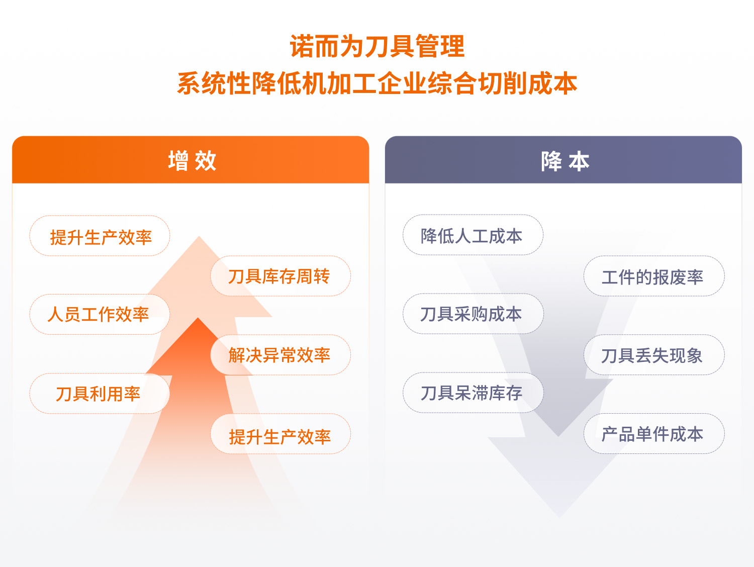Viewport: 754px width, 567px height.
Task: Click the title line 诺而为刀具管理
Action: point(377,46)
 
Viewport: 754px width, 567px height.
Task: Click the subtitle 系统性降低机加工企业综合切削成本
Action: point(377,83)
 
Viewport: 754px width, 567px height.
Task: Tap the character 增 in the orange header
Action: point(178,160)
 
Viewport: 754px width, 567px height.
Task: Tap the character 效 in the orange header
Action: point(206,160)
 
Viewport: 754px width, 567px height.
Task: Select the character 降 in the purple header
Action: point(551,161)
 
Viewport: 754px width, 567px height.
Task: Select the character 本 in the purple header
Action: point(579,161)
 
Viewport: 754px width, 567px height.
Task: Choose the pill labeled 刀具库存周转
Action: point(280,276)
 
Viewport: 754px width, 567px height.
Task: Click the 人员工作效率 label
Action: point(98,314)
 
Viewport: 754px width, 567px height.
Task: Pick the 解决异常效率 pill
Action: point(280,355)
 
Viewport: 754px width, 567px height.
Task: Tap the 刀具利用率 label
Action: point(98,394)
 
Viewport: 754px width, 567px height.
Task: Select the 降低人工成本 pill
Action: point(473,235)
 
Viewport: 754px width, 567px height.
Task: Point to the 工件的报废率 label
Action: point(652,277)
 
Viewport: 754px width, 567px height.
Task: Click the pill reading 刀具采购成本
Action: point(473,314)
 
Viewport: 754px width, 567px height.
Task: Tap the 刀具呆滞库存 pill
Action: point(473,393)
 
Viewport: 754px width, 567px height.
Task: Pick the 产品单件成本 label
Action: point(652,434)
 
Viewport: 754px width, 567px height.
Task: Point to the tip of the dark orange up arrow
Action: point(198,318)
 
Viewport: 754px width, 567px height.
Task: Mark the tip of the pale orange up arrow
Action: point(199,236)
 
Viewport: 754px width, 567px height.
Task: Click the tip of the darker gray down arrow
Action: point(558,436)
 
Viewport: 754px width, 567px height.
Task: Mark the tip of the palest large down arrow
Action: point(559,518)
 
